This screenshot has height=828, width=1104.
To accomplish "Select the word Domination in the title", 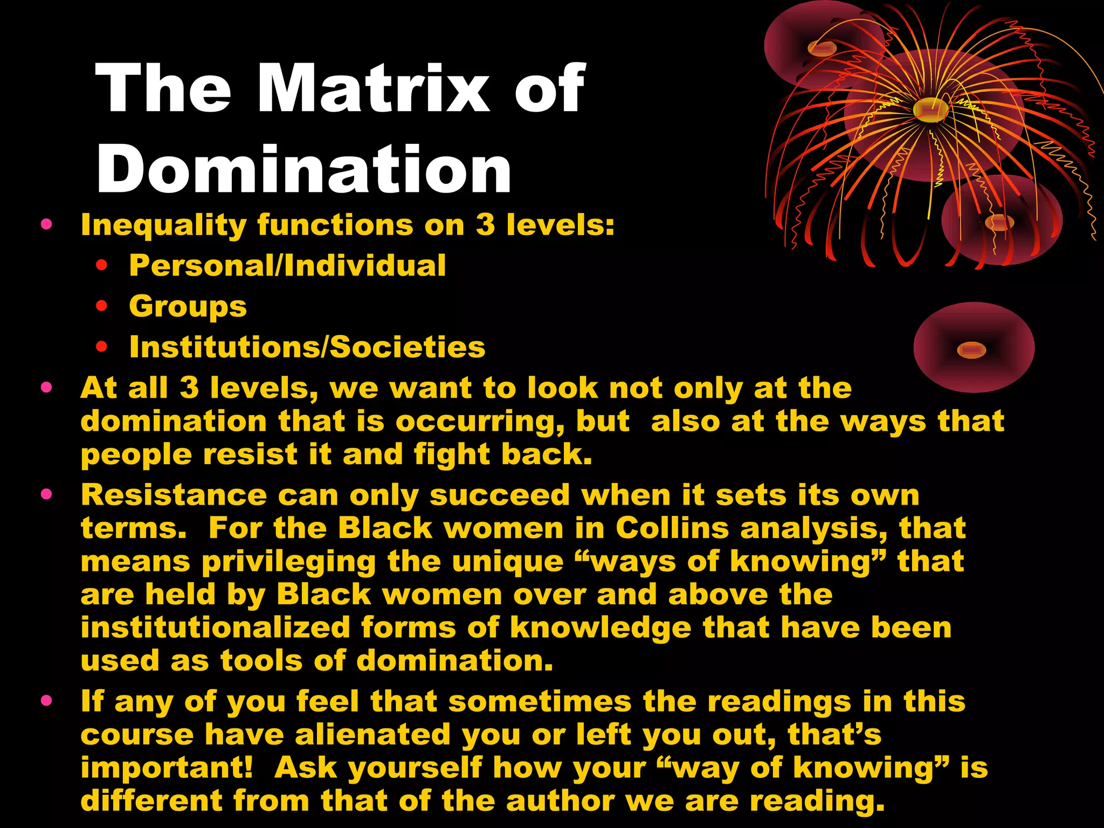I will click(x=303, y=170).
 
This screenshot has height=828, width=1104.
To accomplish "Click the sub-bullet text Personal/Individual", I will click(x=287, y=265).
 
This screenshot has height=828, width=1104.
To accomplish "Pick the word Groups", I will click(x=188, y=306).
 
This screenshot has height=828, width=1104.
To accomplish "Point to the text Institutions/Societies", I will click(x=307, y=347).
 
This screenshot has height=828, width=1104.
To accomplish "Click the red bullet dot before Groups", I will click(x=101, y=306).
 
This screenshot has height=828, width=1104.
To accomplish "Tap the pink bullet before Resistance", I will click(x=46, y=494).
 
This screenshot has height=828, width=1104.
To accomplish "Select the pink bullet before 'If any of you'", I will click(x=46, y=700).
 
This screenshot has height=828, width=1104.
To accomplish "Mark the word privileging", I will click(x=288, y=562).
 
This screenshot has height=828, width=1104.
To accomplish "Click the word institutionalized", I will click(x=215, y=627).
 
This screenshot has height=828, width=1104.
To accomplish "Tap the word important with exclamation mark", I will click(x=167, y=768).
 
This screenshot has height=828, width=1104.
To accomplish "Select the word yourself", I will click(x=414, y=768).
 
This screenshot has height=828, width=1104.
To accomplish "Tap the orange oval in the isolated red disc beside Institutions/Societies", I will click(x=971, y=350).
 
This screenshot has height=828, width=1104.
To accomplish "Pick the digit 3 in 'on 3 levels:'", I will click(x=485, y=225).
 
